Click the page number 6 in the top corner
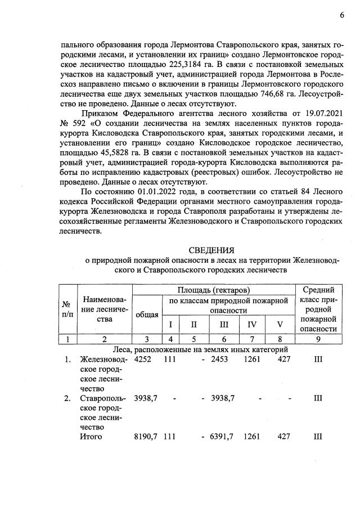341,16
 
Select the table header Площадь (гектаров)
214,290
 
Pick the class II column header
194,325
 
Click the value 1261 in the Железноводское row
253,359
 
